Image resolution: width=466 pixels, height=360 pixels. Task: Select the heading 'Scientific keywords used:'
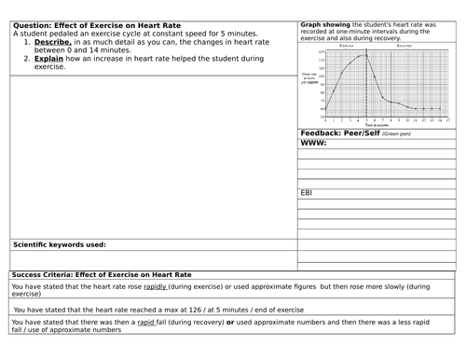coord(59,245)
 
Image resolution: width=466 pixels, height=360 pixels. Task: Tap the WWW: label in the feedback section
coord(312,145)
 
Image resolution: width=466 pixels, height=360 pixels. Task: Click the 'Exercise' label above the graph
coord(346,45)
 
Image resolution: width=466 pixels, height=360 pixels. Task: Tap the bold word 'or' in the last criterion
coord(228,323)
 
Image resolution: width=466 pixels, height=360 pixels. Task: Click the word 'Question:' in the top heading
coord(38,24)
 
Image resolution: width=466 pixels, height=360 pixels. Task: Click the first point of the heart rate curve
coord(324,108)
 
